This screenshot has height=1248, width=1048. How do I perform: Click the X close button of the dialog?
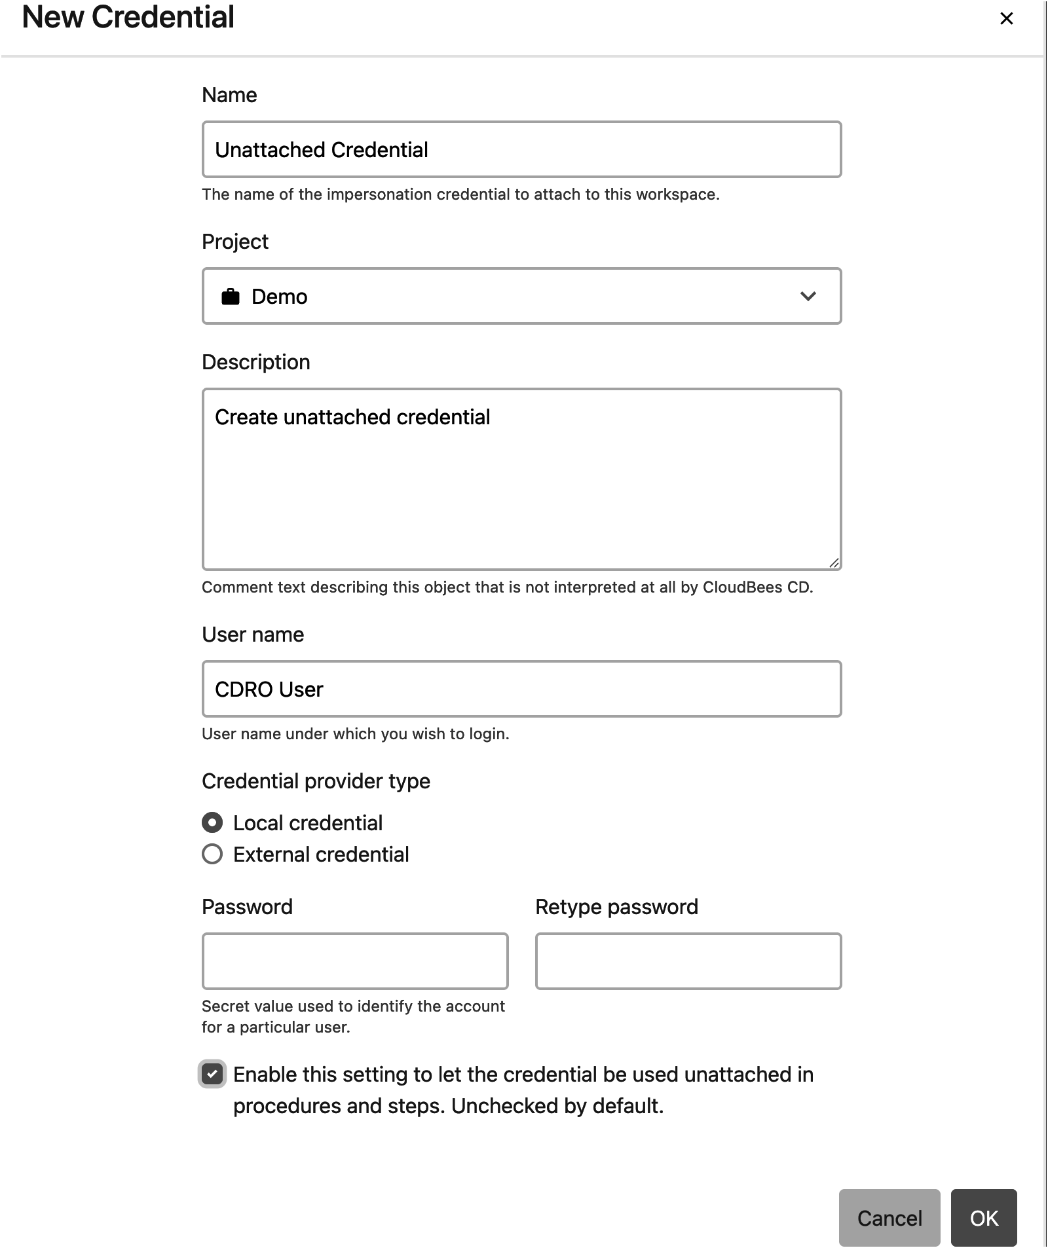point(1006,19)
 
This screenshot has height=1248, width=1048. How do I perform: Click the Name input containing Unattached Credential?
point(521,149)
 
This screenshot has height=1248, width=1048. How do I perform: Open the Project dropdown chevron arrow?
point(808,296)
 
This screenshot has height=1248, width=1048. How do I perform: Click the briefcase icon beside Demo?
point(230,297)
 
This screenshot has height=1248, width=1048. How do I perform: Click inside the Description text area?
point(521,485)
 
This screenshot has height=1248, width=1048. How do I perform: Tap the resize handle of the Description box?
point(833,562)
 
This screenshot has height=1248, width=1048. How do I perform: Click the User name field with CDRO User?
point(521,689)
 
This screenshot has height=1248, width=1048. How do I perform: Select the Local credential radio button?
point(212,822)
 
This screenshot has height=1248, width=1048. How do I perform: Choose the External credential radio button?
point(212,854)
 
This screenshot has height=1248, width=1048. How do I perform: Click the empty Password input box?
point(354,961)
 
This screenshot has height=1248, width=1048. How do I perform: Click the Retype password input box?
point(688,961)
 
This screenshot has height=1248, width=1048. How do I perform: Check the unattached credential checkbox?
point(212,1074)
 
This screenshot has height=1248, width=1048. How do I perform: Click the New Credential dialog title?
point(128,17)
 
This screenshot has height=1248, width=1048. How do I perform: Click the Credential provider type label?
point(316,780)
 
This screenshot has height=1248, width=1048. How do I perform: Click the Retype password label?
point(616,906)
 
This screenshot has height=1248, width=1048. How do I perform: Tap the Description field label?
point(255,361)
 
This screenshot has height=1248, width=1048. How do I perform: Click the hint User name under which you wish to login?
point(355,733)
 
